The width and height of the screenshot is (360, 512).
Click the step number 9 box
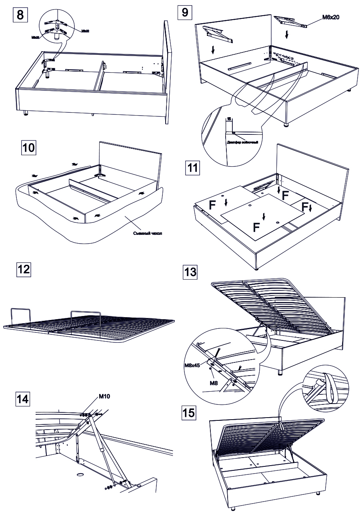184,11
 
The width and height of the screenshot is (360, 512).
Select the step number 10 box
28,148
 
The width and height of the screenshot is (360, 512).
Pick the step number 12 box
23,269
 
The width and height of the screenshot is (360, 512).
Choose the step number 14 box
23,399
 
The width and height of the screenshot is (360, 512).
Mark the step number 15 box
189,412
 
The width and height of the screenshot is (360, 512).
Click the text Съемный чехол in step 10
148,234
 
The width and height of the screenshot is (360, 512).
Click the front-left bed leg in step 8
26,113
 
